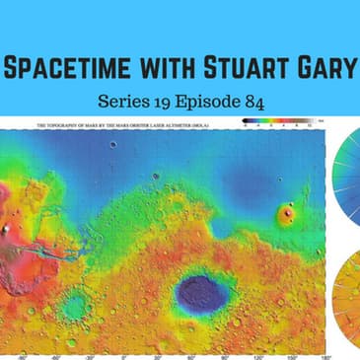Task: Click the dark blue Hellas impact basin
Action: point(198,292)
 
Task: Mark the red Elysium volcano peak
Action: point(288,212)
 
